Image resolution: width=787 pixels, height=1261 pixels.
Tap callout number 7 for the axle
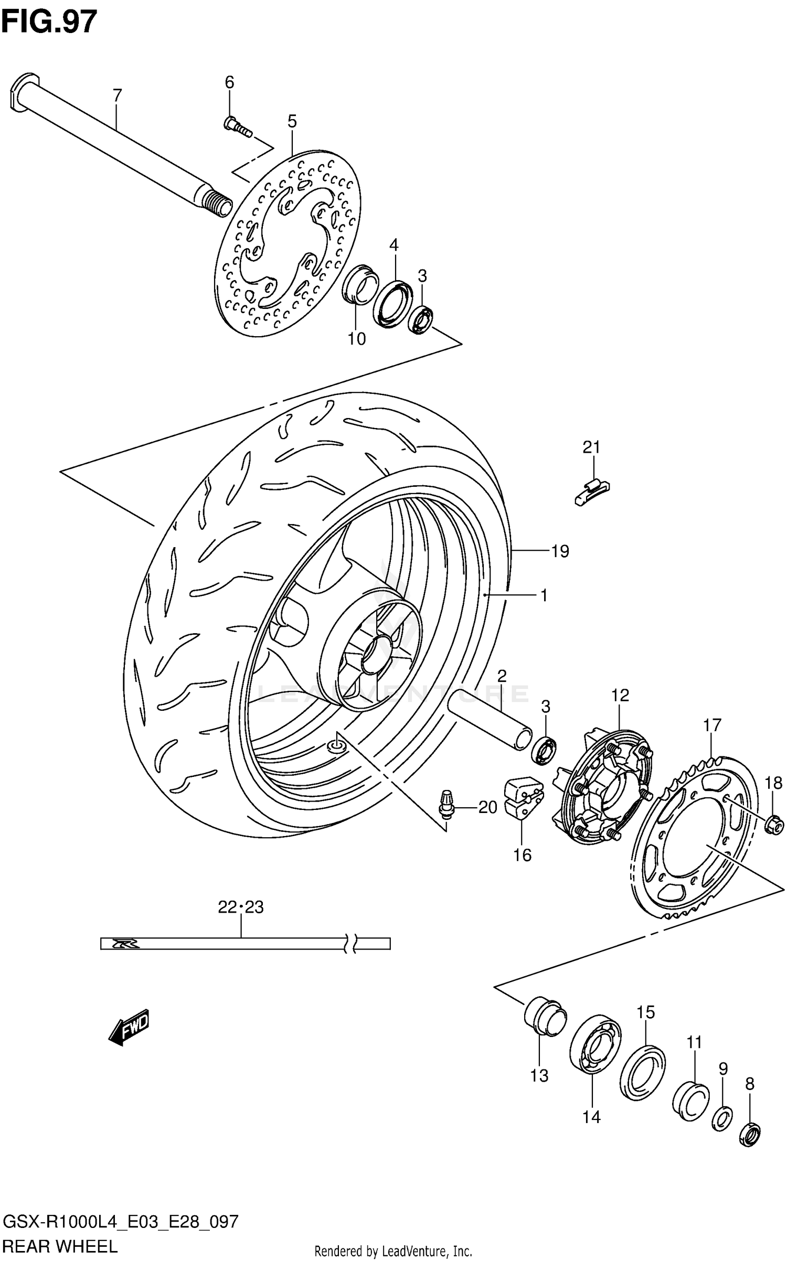(117, 95)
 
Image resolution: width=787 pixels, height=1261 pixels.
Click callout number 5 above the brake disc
(292, 122)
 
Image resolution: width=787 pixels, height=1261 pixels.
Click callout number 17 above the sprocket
(712, 725)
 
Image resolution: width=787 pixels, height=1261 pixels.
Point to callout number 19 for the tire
(560, 551)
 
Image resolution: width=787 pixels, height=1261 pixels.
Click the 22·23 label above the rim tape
(241, 907)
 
